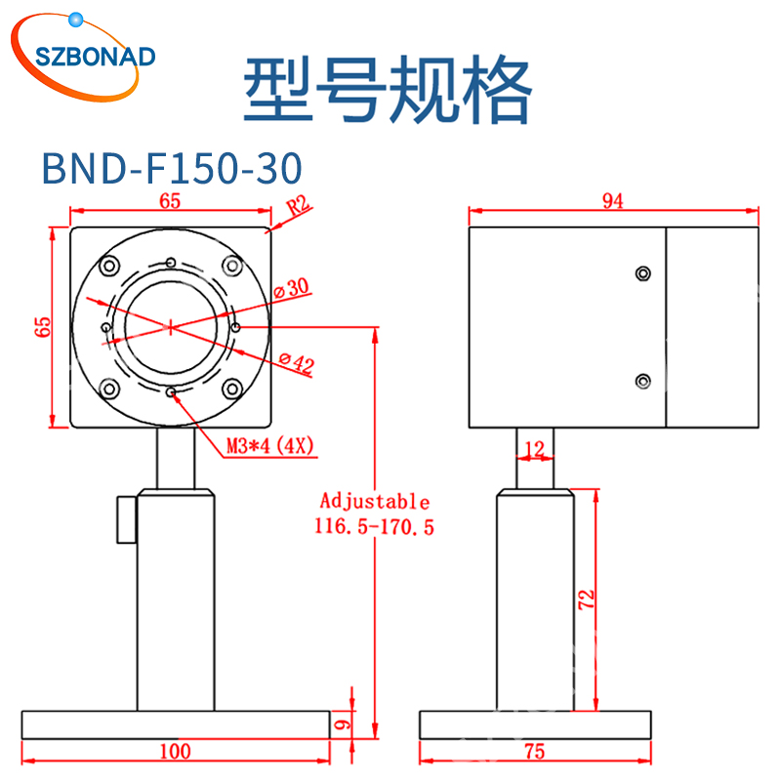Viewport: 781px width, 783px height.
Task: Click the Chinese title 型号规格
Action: click(388, 89)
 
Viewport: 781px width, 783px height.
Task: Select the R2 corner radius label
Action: click(298, 207)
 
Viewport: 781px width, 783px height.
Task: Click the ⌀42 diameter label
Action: click(296, 365)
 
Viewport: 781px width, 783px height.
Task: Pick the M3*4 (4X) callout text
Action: click(270, 446)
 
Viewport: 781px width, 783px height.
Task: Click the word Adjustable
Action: click(374, 502)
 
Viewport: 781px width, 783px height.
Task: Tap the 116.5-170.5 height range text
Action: click(374, 527)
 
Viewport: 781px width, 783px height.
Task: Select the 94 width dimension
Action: click(612, 201)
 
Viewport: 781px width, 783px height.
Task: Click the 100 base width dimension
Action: click(175, 751)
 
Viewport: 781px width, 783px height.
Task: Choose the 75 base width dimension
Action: click(534, 751)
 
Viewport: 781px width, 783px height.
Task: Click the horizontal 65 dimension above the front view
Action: click(170, 201)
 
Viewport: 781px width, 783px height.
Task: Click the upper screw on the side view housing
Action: click(642, 273)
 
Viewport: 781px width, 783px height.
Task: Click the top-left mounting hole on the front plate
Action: click(107, 264)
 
